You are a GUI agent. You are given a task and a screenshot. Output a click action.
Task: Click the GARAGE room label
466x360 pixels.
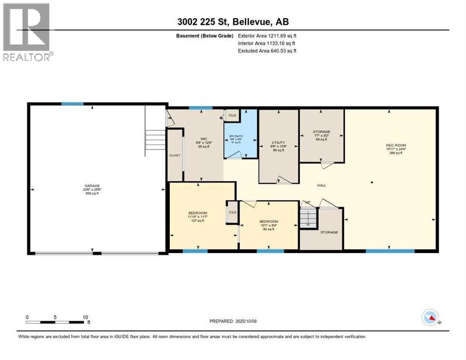coord(92,186)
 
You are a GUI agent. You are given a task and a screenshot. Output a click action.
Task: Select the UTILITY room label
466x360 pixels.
coord(278,142)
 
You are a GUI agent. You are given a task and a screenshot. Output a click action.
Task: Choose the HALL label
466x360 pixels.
coord(322,185)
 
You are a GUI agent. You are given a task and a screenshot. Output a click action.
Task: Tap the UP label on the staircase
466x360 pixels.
coord(308,202)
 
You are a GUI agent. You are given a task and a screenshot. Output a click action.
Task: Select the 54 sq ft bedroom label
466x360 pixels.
coord(269,222)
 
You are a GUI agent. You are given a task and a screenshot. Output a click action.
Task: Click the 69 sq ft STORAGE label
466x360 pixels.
coord(322,132)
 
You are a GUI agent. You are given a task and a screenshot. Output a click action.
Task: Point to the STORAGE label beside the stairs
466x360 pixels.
coord(329,232)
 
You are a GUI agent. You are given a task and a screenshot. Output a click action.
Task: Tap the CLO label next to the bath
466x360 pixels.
coord(232,114)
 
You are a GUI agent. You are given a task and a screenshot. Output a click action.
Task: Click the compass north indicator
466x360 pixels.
coord(430,318)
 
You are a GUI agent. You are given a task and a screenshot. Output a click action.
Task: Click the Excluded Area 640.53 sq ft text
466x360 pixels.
coord(267,51)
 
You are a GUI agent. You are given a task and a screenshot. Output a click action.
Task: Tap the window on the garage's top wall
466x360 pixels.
coord(72,104)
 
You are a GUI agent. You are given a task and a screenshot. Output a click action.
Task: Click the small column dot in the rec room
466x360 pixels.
coord(372,181)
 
